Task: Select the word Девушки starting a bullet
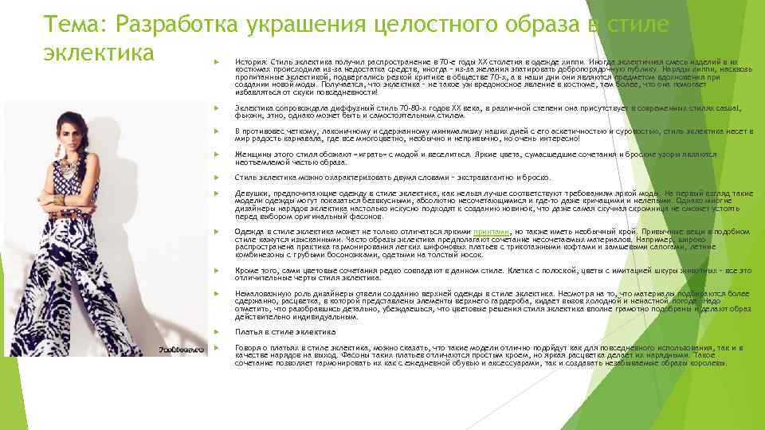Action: pos(251,193)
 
